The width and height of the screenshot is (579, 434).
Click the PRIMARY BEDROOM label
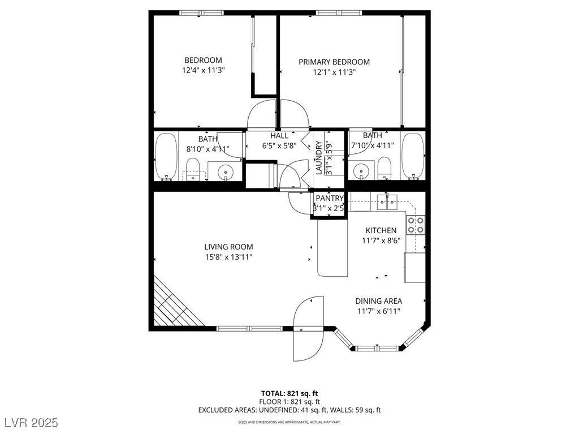click(334, 62)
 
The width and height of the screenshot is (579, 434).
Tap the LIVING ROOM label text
click(228, 247)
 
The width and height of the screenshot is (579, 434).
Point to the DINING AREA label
click(378, 301)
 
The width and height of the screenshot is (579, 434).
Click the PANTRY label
click(330, 199)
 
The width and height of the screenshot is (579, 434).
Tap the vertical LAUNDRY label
click(319, 157)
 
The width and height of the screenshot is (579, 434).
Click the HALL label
click(279, 136)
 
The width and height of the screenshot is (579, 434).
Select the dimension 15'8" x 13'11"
click(229, 257)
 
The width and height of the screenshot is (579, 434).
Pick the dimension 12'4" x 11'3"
click(204, 70)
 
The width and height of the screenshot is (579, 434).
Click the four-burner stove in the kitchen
click(416, 225)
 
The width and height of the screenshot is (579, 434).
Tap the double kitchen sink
click(387, 202)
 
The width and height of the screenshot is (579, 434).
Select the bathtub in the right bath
click(413, 156)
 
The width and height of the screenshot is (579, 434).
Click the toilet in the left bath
click(192, 169)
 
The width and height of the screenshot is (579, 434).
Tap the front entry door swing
click(309, 328)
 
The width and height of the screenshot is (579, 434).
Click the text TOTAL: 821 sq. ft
click(289, 393)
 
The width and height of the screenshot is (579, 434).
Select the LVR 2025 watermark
click(32, 423)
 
